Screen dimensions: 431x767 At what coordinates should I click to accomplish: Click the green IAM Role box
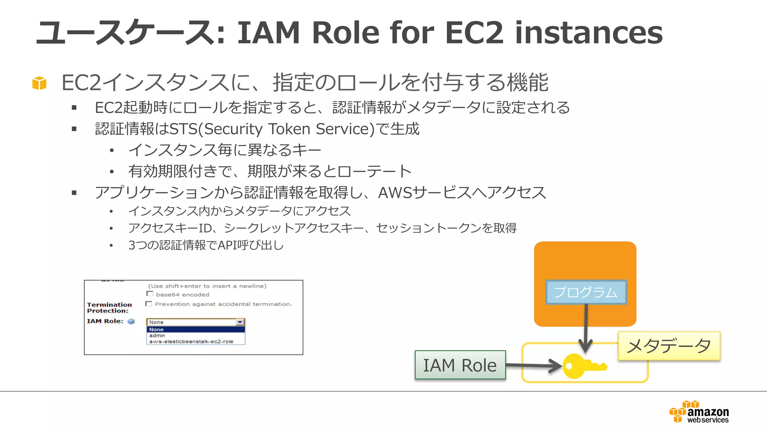tap(460, 365)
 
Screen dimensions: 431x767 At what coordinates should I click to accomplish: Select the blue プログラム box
tap(586, 292)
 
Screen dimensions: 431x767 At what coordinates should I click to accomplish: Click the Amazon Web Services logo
tap(699, 412)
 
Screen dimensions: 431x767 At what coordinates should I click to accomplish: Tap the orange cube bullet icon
tap(39, 83)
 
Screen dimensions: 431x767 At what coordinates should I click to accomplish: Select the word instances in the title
tap(588, 33)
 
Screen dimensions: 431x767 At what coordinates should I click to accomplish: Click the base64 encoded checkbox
tap(150, 294)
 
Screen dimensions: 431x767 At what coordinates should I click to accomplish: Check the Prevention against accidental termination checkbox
tap(149, 304)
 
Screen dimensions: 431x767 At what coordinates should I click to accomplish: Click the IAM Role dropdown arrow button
tap(240, 322)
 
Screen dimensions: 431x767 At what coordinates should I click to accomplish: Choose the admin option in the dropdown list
tap(157, 336)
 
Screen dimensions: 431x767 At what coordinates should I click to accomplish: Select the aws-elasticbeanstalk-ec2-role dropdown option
tap(191, 342)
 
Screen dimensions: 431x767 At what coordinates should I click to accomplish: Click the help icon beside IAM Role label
tap(131, 321)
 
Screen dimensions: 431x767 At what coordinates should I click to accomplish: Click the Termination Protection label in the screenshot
tap(109, 308)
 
